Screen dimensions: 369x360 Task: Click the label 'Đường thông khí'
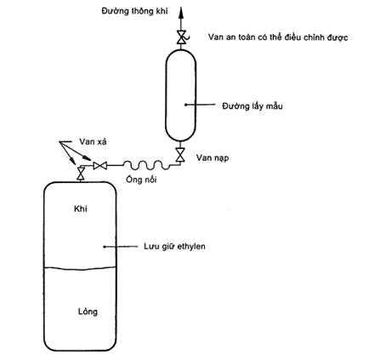coord(134,11)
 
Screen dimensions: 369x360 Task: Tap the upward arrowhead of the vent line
coord(180,14)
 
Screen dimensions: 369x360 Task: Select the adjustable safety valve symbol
coord(181,37)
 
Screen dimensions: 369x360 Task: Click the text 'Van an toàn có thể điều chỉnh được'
coord(278,37)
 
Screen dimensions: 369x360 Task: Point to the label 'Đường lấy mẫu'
coord(253,106)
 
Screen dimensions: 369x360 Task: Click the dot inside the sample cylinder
coord(185,105)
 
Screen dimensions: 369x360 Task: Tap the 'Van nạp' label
coord(213,157)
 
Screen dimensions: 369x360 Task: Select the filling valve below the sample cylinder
coord(180,155)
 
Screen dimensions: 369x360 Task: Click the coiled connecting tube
coord(146,165)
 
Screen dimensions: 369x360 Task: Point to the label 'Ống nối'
coord(141,180)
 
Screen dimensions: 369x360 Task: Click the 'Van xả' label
coord(93,141)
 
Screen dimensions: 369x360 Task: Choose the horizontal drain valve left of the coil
coord(99,165)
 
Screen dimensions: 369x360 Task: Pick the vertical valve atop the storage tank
coord(81,173)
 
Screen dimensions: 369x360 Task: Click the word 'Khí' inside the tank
coord(81,209)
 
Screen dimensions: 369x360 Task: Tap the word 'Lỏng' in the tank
coord(88,311)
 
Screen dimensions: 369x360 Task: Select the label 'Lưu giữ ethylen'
coord(174,246)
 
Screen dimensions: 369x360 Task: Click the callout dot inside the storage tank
coord(105,247)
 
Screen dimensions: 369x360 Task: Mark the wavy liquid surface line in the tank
coord(80,268)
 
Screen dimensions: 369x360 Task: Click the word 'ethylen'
coord(191,246)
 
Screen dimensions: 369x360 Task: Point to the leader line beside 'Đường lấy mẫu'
coord(201,105)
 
